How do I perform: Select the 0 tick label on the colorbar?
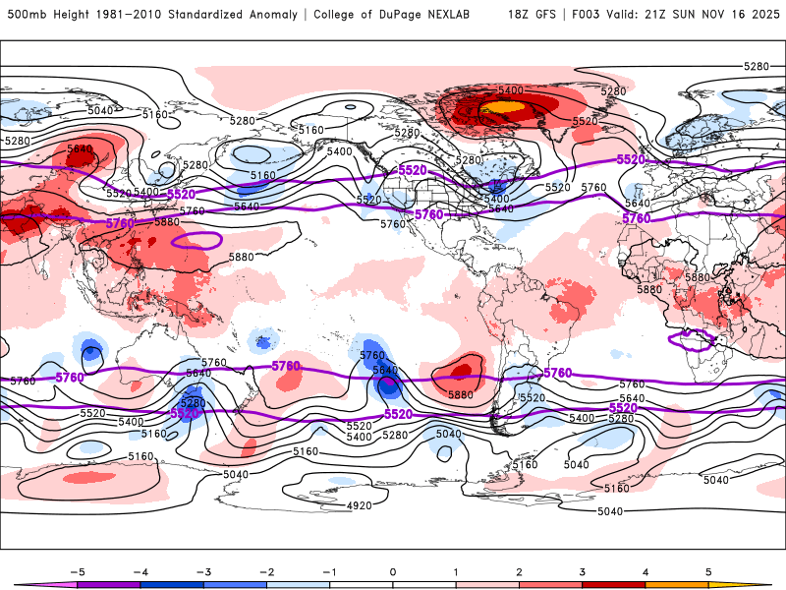click(392, 570)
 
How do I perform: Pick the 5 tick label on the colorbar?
click(708, 570)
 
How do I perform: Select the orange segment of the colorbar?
click(676, 585)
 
